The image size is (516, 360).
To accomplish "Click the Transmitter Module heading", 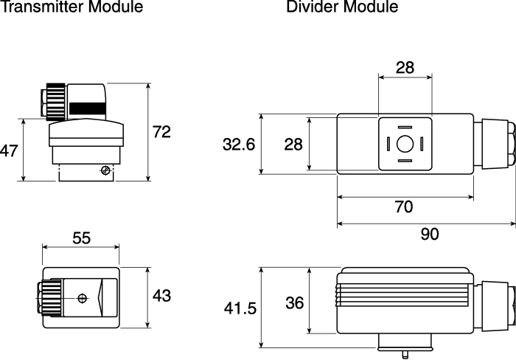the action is pos(72,6).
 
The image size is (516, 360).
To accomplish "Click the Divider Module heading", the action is pos(342,6).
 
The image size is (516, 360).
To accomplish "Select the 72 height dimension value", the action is pos(161,132).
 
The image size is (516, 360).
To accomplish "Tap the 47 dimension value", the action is pos(9,150).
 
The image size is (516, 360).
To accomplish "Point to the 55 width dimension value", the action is pos(81,238).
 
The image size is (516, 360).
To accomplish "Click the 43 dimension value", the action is pos(161,296).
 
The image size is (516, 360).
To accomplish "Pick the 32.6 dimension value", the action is pos(239,145).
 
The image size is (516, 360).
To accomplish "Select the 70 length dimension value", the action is pos(403,207).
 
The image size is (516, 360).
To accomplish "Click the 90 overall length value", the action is pos(430,234).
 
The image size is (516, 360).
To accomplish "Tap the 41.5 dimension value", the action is pos(240,308).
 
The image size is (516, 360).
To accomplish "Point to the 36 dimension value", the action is pos(295,303).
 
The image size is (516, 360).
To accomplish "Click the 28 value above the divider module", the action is pos(405,68).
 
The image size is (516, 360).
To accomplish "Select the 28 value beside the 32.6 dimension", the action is pos(293,145).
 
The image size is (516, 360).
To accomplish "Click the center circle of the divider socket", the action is pos(405,144).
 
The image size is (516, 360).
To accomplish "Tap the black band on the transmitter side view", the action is pos(88,108).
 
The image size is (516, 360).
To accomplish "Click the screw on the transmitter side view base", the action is pos(105,170).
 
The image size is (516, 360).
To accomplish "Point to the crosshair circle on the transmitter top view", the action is pos(83,299).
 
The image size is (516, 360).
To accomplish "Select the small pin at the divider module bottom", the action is pos(405,355).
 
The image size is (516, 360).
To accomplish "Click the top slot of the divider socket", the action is pos(405,127).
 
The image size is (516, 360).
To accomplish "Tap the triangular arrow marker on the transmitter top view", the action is pos(101,299).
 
